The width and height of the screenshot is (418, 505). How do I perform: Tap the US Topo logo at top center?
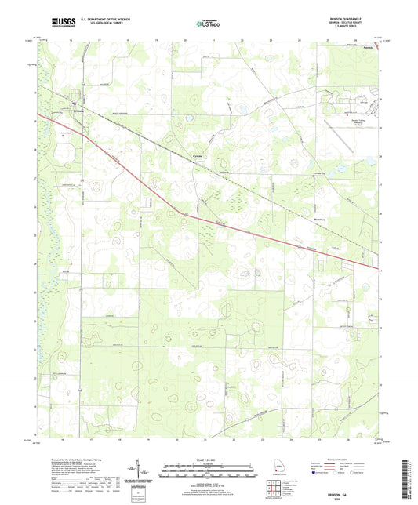(x=206, y=24)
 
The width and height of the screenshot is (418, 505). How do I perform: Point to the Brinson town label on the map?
(x=77, y=110)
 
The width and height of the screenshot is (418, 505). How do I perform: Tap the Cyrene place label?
(x=198, y=156)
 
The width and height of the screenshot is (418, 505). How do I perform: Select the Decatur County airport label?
(x=358, y=122)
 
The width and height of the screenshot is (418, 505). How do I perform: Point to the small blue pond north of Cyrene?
(x=242, y=109)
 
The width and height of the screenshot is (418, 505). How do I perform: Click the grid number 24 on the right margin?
(x=380, y=271)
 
